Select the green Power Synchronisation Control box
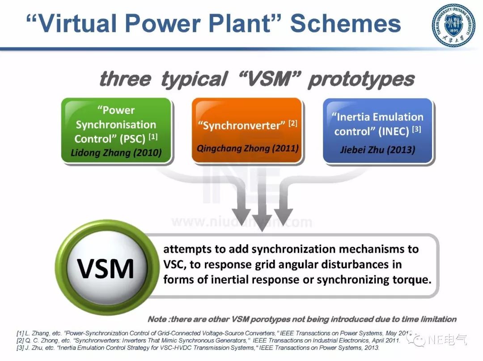(x=116, y=130)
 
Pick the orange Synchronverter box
(x=247, y=130)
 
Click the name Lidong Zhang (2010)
(x=116, y=152)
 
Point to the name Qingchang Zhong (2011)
(x=247, y=148)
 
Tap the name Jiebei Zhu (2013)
(x=377, y=149)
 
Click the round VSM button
(x=106, y=268)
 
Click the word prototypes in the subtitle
(x=361, y=80)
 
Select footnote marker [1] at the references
(x=20, y=333)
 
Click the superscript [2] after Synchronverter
(x=293, y=123)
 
